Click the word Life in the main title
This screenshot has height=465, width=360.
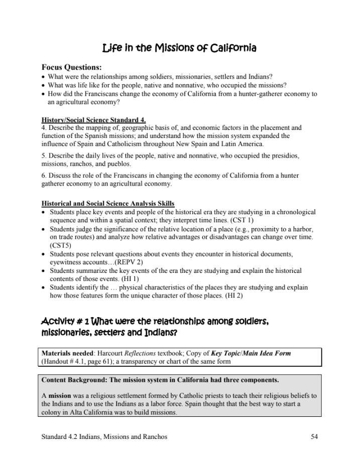coord(111,48)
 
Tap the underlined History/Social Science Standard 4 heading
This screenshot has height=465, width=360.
coord(93,120)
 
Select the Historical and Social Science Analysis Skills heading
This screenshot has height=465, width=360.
coord(107,204)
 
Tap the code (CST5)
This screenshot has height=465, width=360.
coord(60,246)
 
